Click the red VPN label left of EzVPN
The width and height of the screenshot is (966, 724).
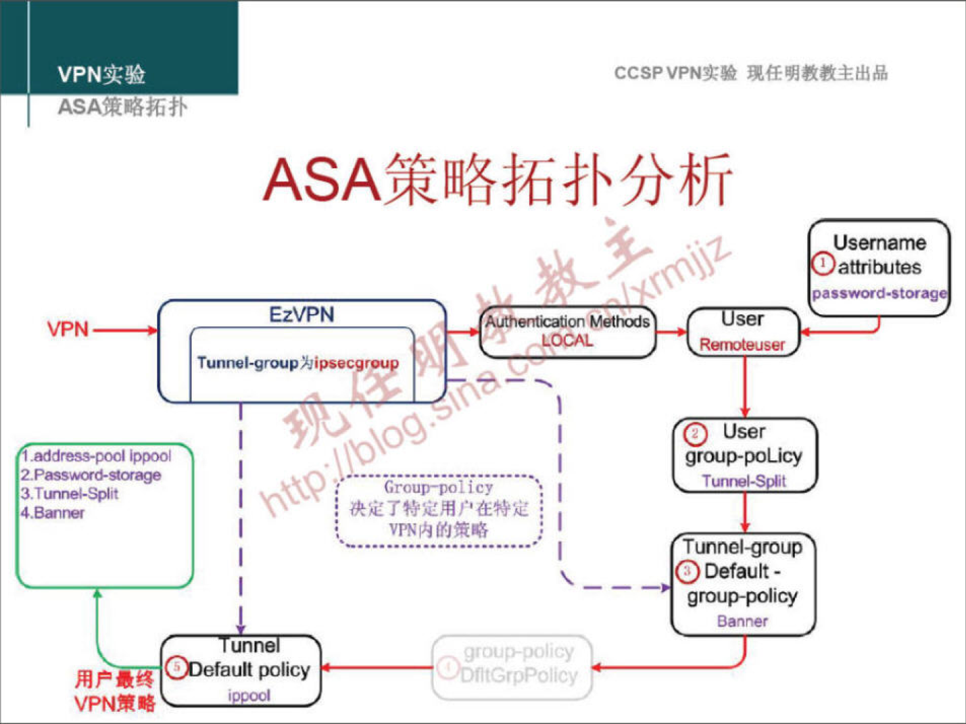pyautogui.click(x=68, y=329)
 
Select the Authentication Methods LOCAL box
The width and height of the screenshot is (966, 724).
pyautogui.click(x=567, y=331)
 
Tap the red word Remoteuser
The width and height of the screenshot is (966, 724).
pyautogui.click(x=742, y=345)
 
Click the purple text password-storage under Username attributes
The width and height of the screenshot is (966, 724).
pyautogui.click(x=879, y=293)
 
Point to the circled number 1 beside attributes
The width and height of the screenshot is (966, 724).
pyautogui.click(x=823, y=264)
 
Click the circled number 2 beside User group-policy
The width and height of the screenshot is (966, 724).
pyautogui.click(x=696, y=433)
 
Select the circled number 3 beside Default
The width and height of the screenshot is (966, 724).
pyautogui.click(x=687, y=572)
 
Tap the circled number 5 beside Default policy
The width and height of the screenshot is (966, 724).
pyautogui.click(x=176, y=668)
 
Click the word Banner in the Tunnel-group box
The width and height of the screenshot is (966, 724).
pyautogui.click(x=742, y=621)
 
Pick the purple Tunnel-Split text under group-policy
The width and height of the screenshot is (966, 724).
pyautogui.click(x=744, y=481)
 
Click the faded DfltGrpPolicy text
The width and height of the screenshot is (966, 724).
pyautogui.click(x=519, y=675)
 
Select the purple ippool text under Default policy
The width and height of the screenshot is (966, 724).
pyautogui.click(x=249, y=695)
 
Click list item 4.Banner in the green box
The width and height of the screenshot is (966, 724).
pyautogui.click(x=54, y=513)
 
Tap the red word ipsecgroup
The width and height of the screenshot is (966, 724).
pyautogui.click(x=356, y=363)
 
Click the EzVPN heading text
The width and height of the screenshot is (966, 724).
pyautogui.click(x=301, y=314)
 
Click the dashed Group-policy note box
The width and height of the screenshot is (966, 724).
pyautogui.click(x=439, y=510)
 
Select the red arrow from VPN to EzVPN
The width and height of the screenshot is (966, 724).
pyautogui.click(x=125, y=330)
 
